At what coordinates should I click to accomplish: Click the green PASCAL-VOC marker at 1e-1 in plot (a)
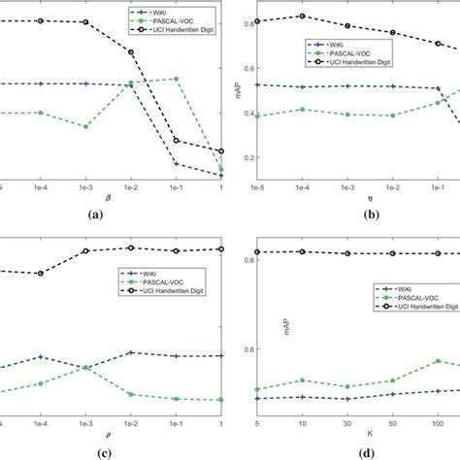[176, 79]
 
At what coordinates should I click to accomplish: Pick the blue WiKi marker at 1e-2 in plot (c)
[131, 352]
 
